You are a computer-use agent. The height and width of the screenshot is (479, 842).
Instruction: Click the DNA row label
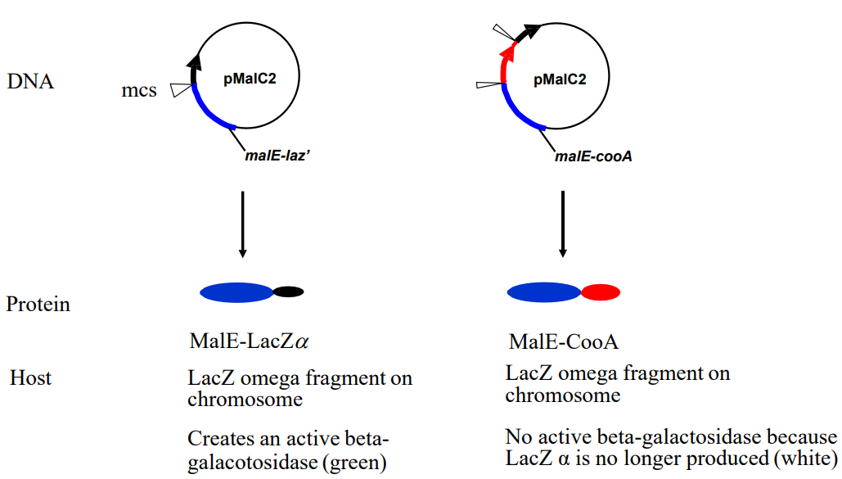pos(30,82)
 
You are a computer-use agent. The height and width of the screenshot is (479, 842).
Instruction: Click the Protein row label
pos(38,305)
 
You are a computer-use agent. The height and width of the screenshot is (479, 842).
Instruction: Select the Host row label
pos(30,378)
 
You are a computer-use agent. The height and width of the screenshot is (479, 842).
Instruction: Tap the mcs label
pos(139,90)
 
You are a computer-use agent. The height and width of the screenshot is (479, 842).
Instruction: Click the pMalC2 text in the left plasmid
pos(250,79)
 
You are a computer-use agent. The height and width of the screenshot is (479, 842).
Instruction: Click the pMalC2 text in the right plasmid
pos(560,79)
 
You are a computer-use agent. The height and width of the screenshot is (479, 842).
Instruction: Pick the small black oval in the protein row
pos(288,291)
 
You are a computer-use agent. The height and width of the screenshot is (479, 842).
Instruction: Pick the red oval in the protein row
pos(601,291)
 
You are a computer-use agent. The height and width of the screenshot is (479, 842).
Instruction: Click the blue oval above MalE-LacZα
pos(236,291)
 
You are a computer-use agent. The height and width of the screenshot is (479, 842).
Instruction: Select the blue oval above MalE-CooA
pos(544,291)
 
